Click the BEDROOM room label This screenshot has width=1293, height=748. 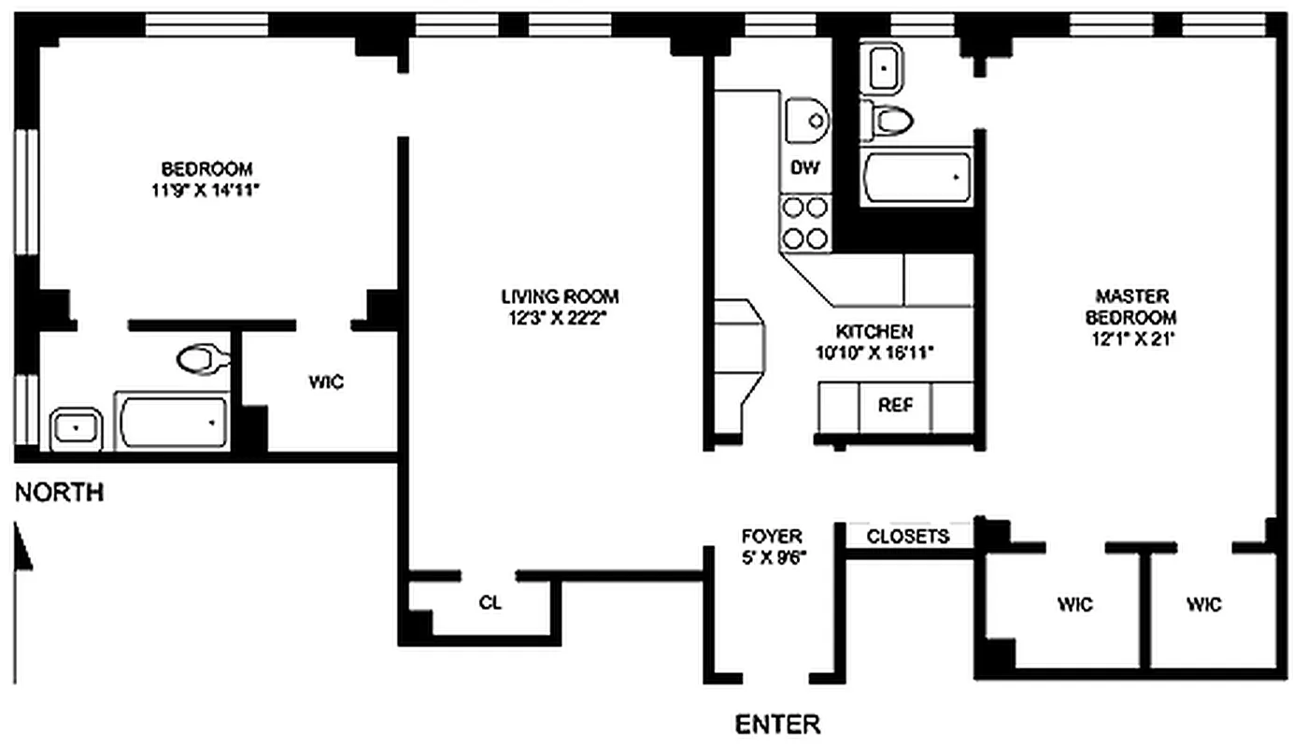tap(206, 169)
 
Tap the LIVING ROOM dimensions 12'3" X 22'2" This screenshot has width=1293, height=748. tap(560, 317)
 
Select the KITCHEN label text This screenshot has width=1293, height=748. tap(874, 332)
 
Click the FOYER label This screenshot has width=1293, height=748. tap(771, 536)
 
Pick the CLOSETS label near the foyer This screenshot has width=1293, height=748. tap(908, 536)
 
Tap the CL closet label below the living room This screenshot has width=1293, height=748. tap(490, 603)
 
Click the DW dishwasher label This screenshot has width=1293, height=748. tap(805, 168)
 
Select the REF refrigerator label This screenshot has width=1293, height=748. tap(894, 406)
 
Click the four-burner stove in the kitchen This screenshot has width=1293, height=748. tap(805, 223)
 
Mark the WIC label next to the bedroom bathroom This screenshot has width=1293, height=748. tap(326, 382)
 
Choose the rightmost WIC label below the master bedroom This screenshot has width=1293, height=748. tap(1203, 604)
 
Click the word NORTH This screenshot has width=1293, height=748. tap(59, 493)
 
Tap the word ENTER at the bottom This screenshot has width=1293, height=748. tap(777, 724)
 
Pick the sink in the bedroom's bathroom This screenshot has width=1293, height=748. tap(78, 429)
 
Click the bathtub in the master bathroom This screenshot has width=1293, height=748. tap(916, 177)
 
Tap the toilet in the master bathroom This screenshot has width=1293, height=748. tap(888, 119)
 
